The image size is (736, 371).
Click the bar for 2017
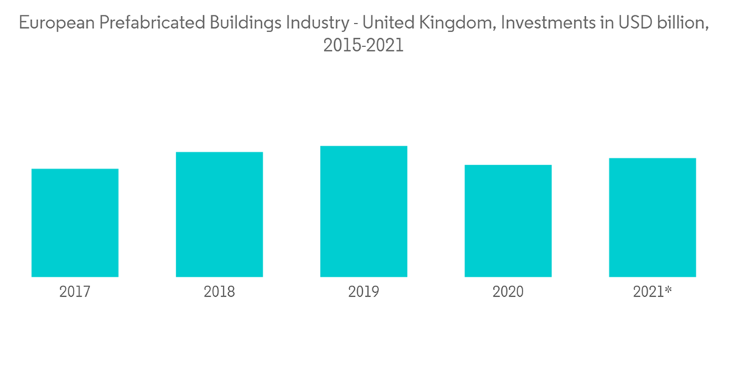tap(75, 222)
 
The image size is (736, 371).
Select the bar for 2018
tap(219, 214)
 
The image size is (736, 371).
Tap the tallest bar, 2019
tap(364, 211)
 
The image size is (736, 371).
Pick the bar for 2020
tap(508, 221)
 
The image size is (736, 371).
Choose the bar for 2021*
tap(652, 217)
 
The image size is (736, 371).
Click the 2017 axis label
tap(75, 292)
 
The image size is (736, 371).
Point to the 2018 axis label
tap(219, 292)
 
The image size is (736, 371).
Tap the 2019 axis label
tap(364, 292)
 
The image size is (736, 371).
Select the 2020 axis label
tap(508, 292)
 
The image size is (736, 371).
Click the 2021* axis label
tap(653, 292)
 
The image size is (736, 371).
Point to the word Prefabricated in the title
tap(138, 23)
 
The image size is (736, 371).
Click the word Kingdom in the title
tap(453, 23)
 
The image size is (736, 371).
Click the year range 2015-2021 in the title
tap(364, 46)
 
